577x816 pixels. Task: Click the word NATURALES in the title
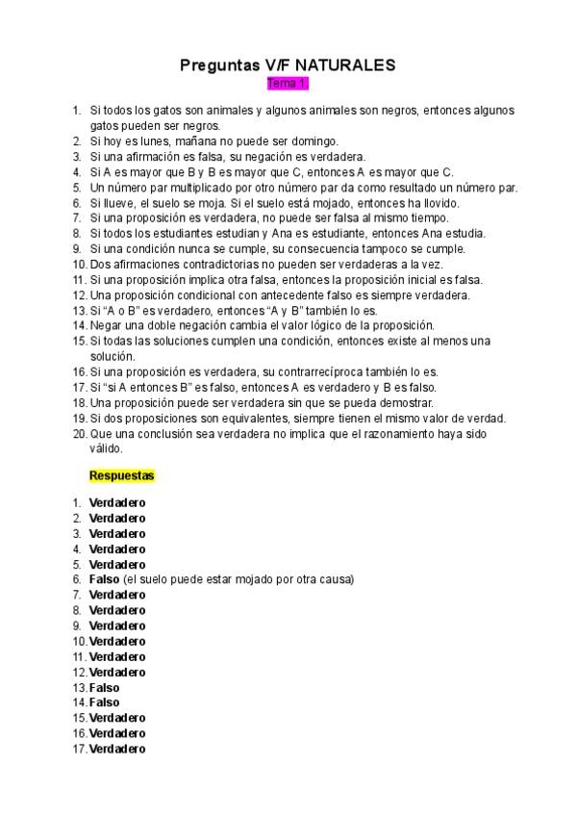pos(345,65)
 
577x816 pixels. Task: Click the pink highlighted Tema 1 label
pos(288,85)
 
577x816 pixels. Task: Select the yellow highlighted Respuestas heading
pos(122,475)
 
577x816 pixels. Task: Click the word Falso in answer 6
pos(104,579)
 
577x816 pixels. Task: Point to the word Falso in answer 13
pos(104,687)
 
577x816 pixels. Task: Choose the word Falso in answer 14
pos(104,702)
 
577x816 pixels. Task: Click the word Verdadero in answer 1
pos(117,502)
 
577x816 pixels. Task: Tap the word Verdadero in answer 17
pos(117,749)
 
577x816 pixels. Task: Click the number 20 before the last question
pos(79,434)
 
